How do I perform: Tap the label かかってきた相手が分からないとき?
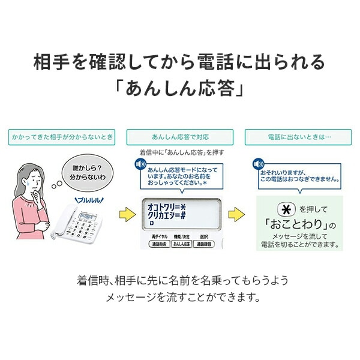click(62, 137)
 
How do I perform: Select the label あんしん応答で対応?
click(179, 137)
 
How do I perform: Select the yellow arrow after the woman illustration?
click(125, 214)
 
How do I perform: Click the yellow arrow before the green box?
click(237, 214)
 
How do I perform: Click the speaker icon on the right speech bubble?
click(258, 163)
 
